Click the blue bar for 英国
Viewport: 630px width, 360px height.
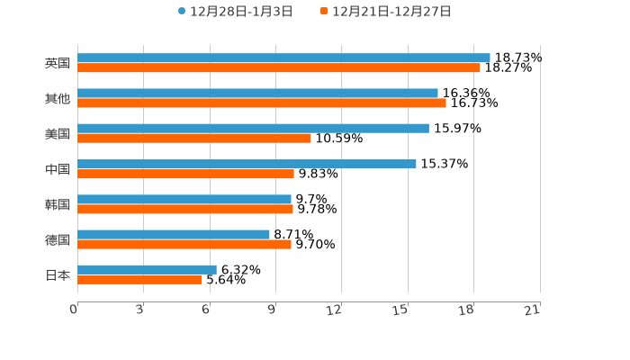pyautogui.click(x=283, y=58)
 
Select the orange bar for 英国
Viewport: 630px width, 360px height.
pyautogui.click(x=279, y=67)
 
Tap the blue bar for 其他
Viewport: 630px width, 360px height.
pyautogui.click(x=257, y=93)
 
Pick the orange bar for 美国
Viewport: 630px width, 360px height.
pyautogui.click(x=194, y=138)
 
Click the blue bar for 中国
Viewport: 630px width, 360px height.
pyautogui.click(x=247, y=164)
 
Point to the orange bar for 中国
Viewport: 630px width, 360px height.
pyautogui.click(x=185, y=174)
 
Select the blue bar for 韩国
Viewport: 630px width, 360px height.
pyautogui.click(x=184, y=199)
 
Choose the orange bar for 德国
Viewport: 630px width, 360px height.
pyautogui.click(x=184, y=244)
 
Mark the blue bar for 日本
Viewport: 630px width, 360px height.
pyautogui.click(x=147, y=269)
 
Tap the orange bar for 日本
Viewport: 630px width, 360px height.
pyautogui.click(x=139, y=279)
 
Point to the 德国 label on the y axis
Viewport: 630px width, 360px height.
pyautogui.click(x=58, y=239)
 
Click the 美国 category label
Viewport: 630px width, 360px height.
pyautogui.click(x=58, y=133)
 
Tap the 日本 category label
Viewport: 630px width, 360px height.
pyautogui.click(x=58, y=274)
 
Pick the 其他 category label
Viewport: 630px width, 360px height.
pyautogui.click(x=58, y=98)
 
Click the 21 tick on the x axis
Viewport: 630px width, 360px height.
pyautogui.click(x=532, y=310)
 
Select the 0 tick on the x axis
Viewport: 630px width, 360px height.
pyautogui.click(x=74, y=310)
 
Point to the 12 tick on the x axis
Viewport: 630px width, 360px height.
pyautogui.click(x=334, y=310)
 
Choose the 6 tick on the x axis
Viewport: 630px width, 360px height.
pyautogui.click(x=205, y=310)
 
